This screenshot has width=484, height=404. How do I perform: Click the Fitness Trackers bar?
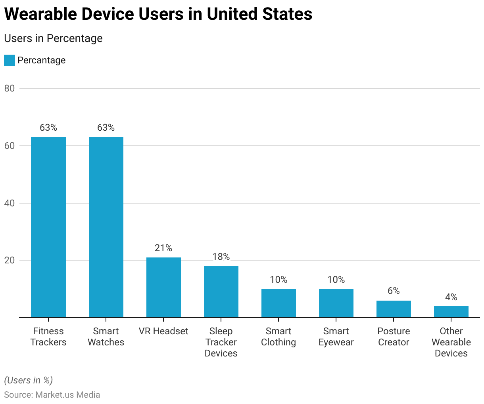(x=48, y=227)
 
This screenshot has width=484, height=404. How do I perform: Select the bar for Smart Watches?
(x=106, y=227)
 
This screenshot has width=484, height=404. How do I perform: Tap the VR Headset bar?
(x=163, y=288)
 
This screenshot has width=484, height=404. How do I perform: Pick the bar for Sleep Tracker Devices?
(x=221, y=292)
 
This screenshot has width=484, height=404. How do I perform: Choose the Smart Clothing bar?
(x=278, y=303)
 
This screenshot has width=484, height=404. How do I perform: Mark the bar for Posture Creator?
(x=394, y=309)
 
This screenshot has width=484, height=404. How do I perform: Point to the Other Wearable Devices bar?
(x=451, y=312)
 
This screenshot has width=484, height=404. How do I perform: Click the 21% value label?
(x=163, y=248)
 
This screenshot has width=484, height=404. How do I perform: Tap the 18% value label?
(x=221, y=257)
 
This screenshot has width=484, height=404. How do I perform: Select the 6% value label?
(x=394, y=291)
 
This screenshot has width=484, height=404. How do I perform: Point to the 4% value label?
(x=451, y=297)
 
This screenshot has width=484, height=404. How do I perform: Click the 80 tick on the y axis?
(x=10, y=88)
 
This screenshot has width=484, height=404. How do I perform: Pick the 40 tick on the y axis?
(x=10, y=203)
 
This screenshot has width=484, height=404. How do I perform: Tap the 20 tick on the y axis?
(x=10, y=260)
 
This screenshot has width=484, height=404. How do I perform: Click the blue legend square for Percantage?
(x=10, y=60)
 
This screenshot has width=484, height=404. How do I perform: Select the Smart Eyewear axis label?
(x=336, y=337)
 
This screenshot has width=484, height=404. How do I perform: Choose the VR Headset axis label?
(x=163, y=331)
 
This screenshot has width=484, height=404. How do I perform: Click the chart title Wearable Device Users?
(x=158, y=14)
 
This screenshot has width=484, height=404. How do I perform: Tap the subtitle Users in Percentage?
(x=53, y=38)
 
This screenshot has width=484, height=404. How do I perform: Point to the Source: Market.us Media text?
(x=52, y=395)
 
